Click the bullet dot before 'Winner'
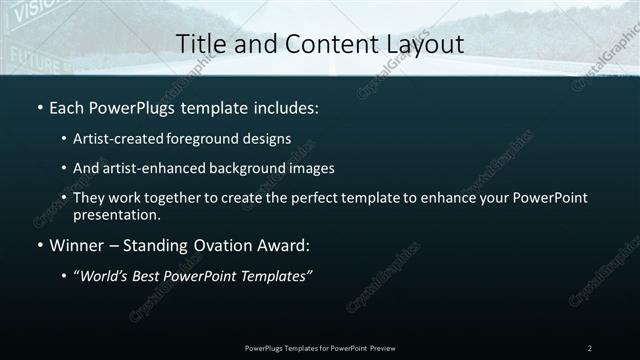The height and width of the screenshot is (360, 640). pos(39,243)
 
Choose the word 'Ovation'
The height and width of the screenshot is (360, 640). pos(225,243)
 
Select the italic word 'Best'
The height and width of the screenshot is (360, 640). pos(150,275)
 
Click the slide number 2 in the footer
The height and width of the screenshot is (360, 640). pos(590,347)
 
